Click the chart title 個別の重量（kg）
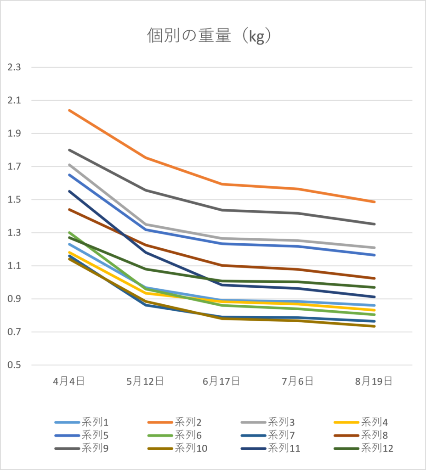click(x=209, y=36)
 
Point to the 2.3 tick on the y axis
click(x=14, y=67)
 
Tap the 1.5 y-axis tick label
click(x=14, y=200)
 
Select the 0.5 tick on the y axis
click(x=14, y=365)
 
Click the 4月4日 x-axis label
click(x=69, y=381)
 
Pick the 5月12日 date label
click(x=145, y=381)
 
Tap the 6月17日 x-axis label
click(x=221, y=381)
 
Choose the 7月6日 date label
click(x=297, y=381)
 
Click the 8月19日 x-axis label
click(x=374, y=381)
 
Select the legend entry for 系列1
click(x=81, y=422)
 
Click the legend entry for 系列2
click(x=175, y=422)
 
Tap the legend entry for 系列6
click(x=175, y=435)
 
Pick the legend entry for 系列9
click(x=81, y=448)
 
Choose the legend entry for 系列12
click(x=364, y=448)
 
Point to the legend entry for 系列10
click(x=177, y=448)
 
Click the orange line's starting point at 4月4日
click(x=69, y=110)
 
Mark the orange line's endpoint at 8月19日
click(x=375, y=202)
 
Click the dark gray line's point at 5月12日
click(x=146, y=190)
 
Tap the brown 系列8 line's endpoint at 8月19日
click(x=375, y=279)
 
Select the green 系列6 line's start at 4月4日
click(x=69, y=232)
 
